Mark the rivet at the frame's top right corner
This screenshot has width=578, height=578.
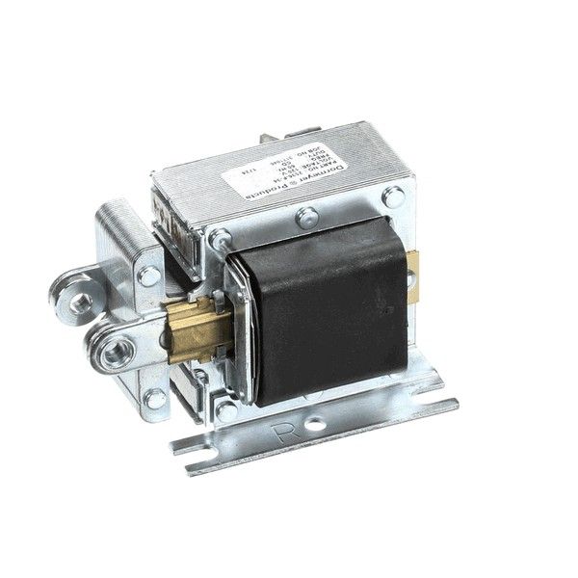(393, 197)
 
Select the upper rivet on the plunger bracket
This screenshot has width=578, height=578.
(149, 276)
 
